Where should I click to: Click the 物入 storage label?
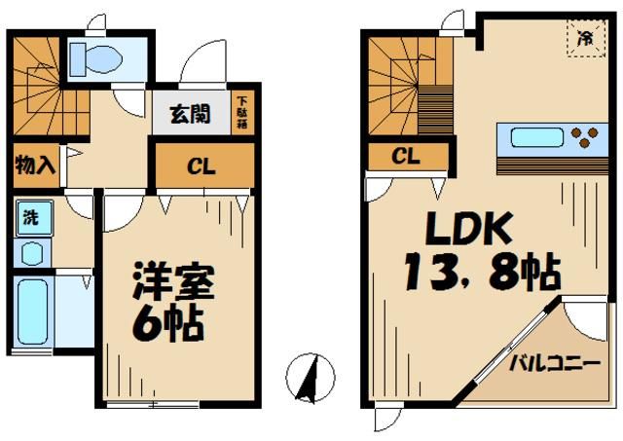coord(34,165)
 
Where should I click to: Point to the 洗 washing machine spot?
coord(30,217)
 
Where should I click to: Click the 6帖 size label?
coord(167,321)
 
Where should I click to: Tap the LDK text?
coord(465,229)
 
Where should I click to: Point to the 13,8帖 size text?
coord(482,270)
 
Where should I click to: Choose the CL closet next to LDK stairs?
coord(407,157)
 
